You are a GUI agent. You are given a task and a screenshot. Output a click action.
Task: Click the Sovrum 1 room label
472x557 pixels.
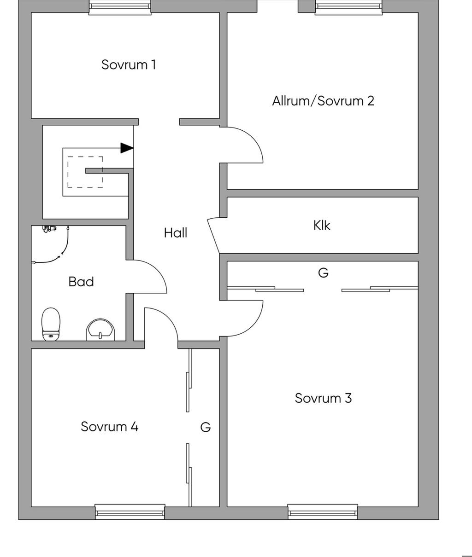(x=129, y=64)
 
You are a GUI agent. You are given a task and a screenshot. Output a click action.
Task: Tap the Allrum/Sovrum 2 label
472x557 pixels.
(x=323, y=101)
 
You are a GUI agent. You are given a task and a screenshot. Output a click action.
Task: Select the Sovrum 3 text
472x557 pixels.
(x=323, y=398)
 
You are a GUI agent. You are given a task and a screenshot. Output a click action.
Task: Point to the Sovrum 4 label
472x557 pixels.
(x=110, y=427)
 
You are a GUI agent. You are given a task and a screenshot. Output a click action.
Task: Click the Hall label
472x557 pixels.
(x=176, y=233)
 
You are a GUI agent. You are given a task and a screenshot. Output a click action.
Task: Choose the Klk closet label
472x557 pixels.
(x=322, y=225)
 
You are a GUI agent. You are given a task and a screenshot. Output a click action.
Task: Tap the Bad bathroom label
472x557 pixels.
(x=81, y=282)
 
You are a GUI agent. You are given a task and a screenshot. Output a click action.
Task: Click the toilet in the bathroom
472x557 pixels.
(x=51, y=324)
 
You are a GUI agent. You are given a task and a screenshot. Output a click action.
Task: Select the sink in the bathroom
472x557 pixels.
(x=100, y=330)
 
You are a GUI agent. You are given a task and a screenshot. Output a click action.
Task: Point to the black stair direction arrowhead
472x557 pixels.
(x=127, y=148)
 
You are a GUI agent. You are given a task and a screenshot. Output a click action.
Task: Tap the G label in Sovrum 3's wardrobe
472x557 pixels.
(x=323, y=273)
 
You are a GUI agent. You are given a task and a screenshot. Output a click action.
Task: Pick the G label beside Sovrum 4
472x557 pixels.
(x=206, y=427)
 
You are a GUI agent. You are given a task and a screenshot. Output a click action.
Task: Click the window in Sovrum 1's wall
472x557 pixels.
(x=120, y=7)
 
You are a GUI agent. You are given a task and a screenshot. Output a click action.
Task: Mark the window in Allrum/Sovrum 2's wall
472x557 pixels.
(x=348, y=7)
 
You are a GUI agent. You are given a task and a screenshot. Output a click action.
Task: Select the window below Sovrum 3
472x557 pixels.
(x=323, y=511)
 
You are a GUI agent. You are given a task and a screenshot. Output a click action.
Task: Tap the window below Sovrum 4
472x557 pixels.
(x=130, y=511)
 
